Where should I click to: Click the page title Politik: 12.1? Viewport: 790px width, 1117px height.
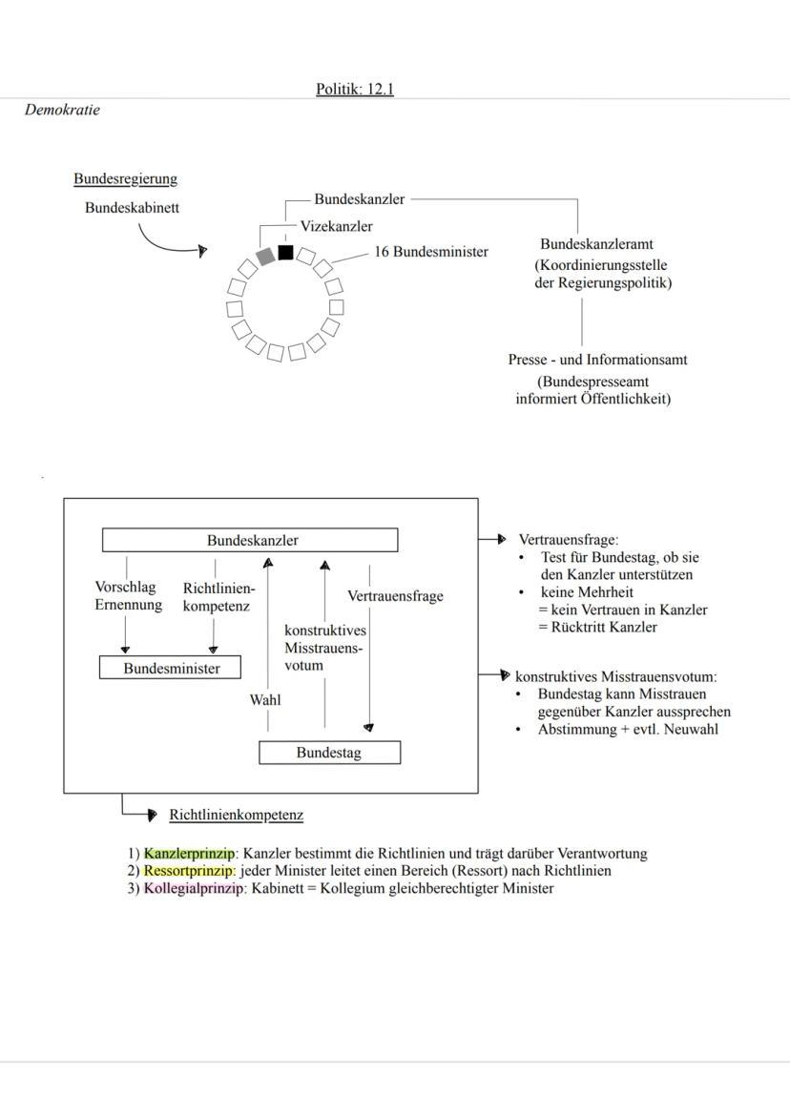tap(355, 90)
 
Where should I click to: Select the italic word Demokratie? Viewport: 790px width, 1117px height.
tap(62, 110)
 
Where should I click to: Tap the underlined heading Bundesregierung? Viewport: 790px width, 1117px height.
tap(125, 178)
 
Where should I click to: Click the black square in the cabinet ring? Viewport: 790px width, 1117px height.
tap(285, 252)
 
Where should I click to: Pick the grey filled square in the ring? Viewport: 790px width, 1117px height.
tap(265, 256)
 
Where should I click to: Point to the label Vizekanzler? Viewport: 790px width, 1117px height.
tap(336, 226)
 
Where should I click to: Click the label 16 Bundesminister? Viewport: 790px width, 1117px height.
tap(430, 252)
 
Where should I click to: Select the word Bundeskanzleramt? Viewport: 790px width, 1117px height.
tap(596, 244)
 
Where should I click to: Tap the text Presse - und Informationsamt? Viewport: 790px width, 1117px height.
tap(597, 360)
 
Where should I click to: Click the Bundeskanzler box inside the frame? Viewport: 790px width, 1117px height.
tap(250, 540)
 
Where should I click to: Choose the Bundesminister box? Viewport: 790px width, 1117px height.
tap(171, 668)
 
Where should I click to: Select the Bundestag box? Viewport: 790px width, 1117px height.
tap(329, 753)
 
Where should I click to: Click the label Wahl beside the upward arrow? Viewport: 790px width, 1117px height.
tap(265, 699)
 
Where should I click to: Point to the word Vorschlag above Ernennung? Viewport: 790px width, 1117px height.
tap(125, 587)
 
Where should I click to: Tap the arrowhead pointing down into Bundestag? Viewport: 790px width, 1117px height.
tap(369, 727)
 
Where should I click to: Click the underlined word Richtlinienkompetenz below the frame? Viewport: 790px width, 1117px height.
tap(236, 815)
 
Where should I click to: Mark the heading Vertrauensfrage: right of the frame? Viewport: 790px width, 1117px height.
tap(568, 540)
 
